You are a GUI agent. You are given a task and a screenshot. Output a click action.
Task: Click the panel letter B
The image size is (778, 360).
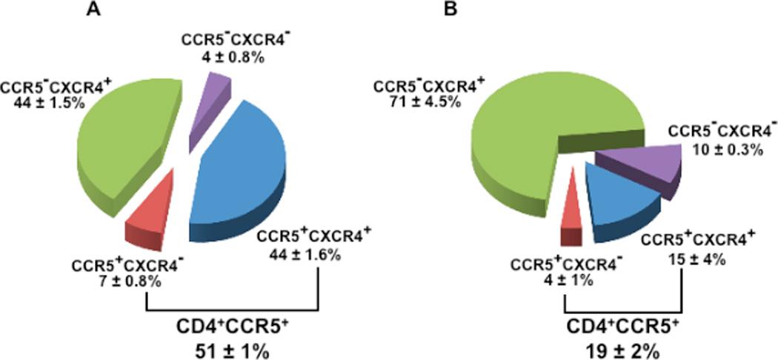pos(450,10)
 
